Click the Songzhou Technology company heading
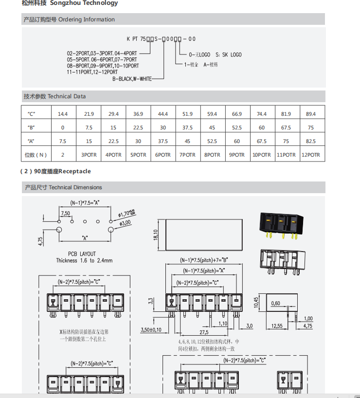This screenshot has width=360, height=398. [x=70, y=3]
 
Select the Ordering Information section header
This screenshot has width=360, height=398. [x=69, y=19]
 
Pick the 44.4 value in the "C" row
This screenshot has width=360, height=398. [x=162, y=114]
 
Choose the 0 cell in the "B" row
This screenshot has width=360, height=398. [x=63, y=127]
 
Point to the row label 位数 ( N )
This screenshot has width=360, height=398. [x=35, y=155]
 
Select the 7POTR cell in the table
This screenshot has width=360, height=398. [x=187, y=155]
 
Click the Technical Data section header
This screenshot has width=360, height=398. [x=54, y=96]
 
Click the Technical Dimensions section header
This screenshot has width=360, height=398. [x=63, y=187]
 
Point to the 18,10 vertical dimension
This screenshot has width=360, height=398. [x=156, y=235]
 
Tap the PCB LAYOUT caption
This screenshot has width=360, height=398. [x=82, y=254]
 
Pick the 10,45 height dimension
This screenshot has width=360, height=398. [x=256, y=303]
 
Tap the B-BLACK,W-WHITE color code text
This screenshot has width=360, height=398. [x=132, y=78]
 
